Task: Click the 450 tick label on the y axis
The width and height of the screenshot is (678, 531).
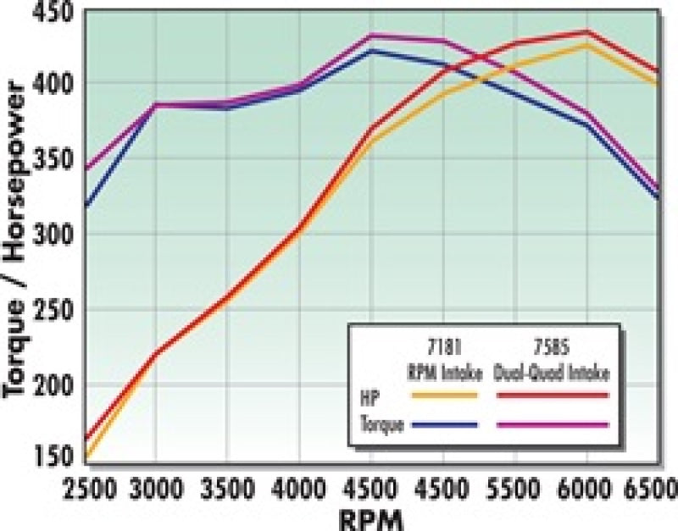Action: pos(53,15)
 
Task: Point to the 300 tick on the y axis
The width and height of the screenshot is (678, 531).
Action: pos(53,234)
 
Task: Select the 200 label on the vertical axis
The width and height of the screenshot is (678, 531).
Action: pos(53,384)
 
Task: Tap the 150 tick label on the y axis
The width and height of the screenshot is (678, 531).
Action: pos(53,458)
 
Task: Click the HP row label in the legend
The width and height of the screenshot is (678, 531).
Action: pos(370,395)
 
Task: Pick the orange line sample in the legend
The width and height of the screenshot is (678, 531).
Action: pos(444,395)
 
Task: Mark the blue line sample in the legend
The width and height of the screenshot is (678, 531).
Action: pos(444,425)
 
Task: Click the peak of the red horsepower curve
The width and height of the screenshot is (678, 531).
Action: pos(586,31)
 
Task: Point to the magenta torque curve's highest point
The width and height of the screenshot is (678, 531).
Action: pos(370,36)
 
